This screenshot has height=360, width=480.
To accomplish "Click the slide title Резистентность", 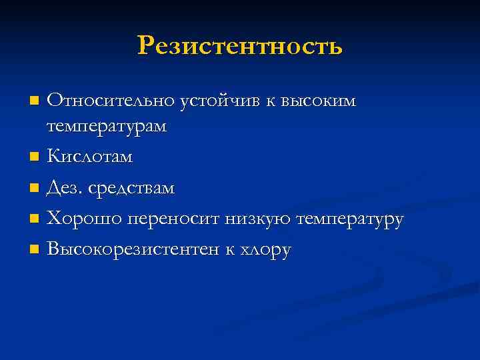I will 240,46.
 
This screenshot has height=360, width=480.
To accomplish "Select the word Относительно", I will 111,101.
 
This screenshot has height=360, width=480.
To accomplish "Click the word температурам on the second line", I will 107,126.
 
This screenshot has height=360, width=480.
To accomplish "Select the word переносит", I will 166,219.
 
